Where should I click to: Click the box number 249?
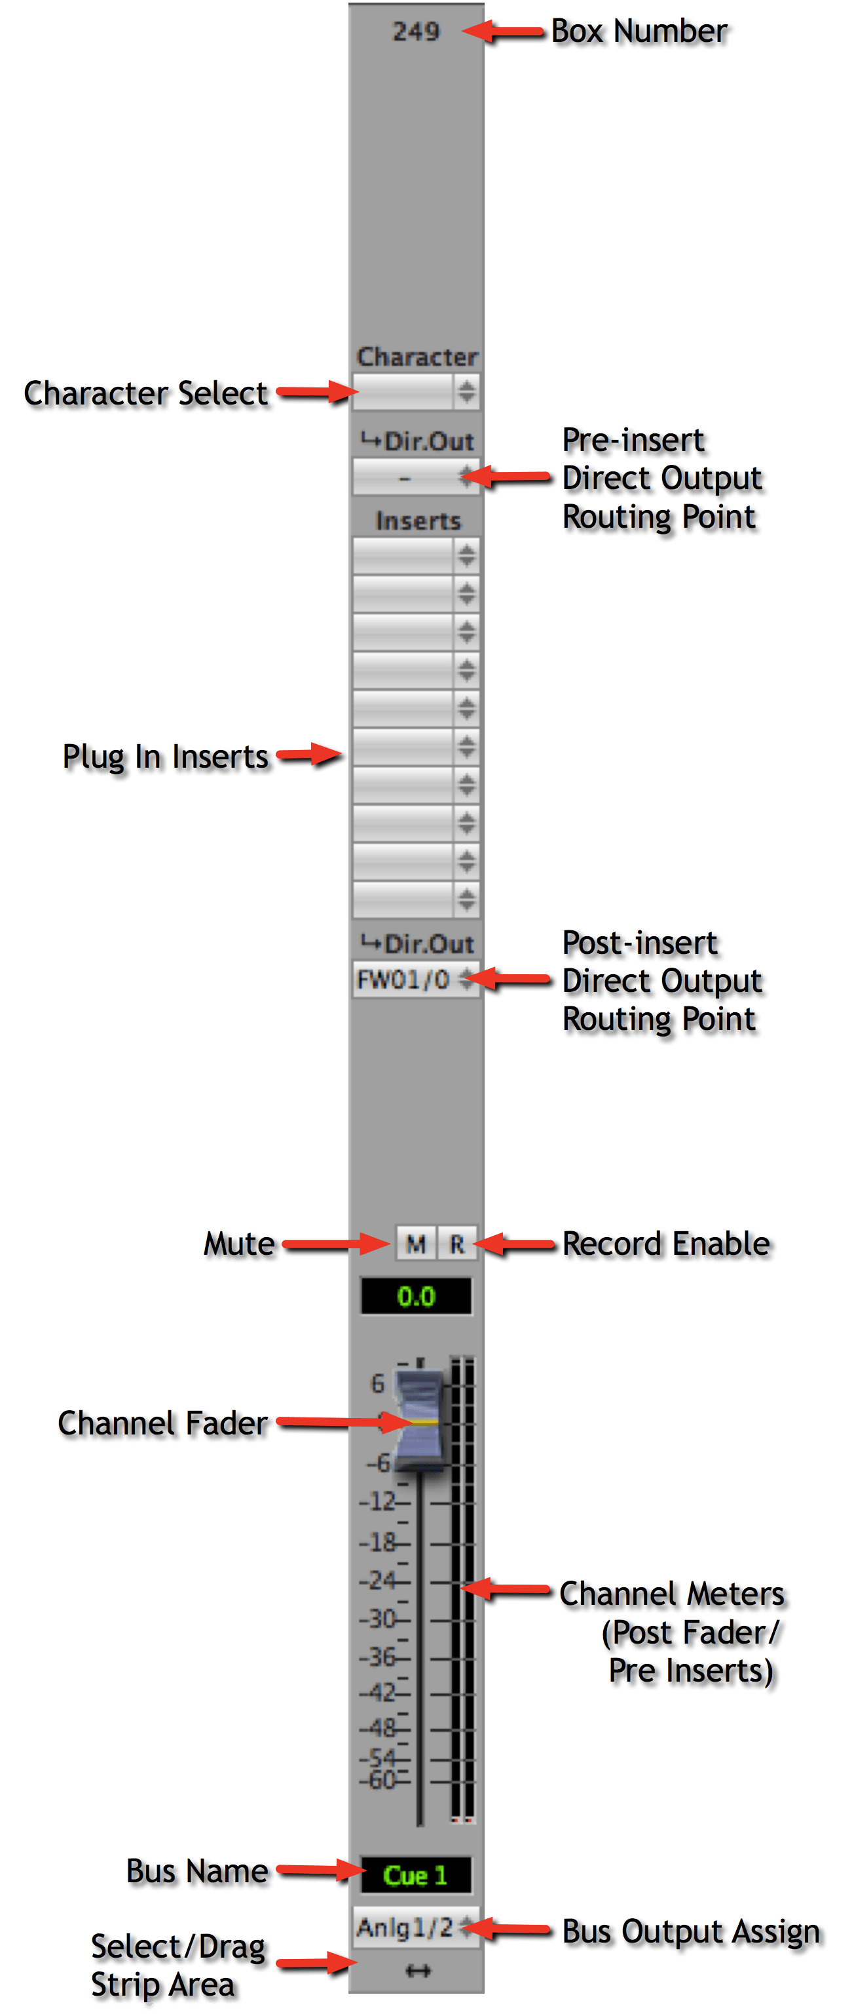tap(416, 32)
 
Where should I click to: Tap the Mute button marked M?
tap(415, 1244)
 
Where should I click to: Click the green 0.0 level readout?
tap(416, 1297)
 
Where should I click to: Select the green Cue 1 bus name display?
tap(416, 1875)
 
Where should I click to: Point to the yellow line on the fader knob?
tap(423, 1421)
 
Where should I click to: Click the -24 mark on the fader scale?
tap(380, 1580)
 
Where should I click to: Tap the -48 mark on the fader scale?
tap(380, 1728)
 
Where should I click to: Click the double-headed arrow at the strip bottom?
tap(418, 1971)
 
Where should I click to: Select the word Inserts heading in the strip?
tap(418, 521)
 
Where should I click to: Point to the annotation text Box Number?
tap(639, 31)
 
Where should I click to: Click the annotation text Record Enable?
tap(666, 1244)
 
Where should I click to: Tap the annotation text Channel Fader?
tap(162, 1423)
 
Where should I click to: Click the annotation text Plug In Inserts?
tap(165, 757)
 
